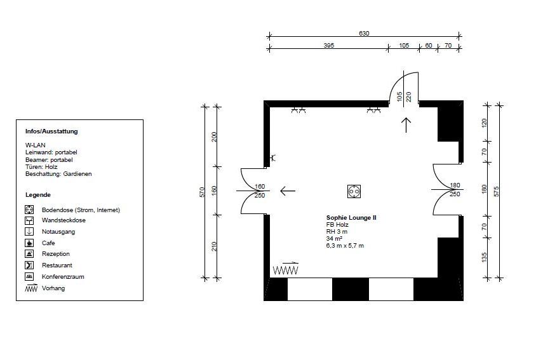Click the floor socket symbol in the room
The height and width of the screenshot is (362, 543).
click(x=354, y=190)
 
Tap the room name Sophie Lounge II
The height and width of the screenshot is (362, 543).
click(x=351, y=217)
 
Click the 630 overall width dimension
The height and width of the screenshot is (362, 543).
click(x=364, y=34)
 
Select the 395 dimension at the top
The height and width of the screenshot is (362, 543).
click(x=328, y=46)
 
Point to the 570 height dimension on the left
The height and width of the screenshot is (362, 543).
click(x=202, y=191)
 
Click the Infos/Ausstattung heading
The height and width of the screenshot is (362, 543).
click(x=51, y=131)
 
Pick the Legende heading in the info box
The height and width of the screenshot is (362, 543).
click(x=38, y=195)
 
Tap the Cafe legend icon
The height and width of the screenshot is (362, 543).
click(x=29, y=243)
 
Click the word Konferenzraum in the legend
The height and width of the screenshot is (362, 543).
click(x=63, y=277)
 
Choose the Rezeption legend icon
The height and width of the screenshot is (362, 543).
click(x=29, y=253)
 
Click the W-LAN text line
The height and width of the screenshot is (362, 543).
click(x=35, y=145)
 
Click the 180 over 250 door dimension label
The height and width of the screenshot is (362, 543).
click(x=455, y=190)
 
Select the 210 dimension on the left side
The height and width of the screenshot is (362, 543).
click(x=214, y=246)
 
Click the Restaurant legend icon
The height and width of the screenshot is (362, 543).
click(x=29, y=265)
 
